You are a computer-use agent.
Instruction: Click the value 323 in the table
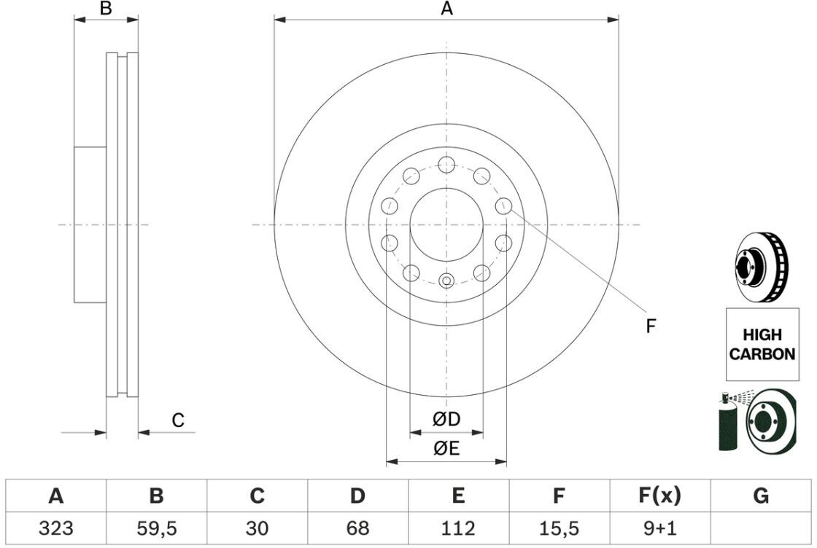pos(55,528)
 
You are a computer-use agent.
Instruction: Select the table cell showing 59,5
pos(156,528)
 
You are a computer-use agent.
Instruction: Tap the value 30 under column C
pos(257,528)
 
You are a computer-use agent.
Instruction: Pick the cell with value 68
pos(357,528)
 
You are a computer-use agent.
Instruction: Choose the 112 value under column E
pos(458,528)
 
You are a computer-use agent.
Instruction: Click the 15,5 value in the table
pos(559,528)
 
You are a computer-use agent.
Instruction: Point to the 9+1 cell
pos(659,528)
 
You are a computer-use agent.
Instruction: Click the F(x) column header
pos(659,496)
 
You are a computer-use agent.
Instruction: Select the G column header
pos(761,496)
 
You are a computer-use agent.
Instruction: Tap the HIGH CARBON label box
pos(762,344)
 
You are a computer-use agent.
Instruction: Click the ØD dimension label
pos(446,419)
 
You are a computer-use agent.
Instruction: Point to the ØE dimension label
pos(446,448)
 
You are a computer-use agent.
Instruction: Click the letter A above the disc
pos(446,8)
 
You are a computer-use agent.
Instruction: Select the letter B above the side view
pos(106,8)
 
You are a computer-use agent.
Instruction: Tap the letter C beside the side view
pos(178,420)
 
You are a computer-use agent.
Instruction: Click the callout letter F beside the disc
pos(650,326)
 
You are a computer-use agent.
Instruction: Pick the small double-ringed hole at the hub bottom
pos(446,281)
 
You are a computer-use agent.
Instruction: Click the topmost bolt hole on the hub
pos(446,165)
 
